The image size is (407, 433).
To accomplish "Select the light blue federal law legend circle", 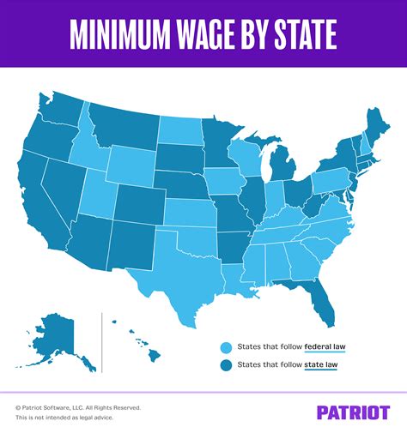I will point(226,347).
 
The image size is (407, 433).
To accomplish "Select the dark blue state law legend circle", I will point(226,366).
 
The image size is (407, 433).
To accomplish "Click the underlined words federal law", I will point(324,347).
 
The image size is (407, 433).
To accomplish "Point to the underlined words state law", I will point(319,366).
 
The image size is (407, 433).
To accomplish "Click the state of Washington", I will point(62,107).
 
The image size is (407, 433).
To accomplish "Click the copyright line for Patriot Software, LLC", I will point(77,407).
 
